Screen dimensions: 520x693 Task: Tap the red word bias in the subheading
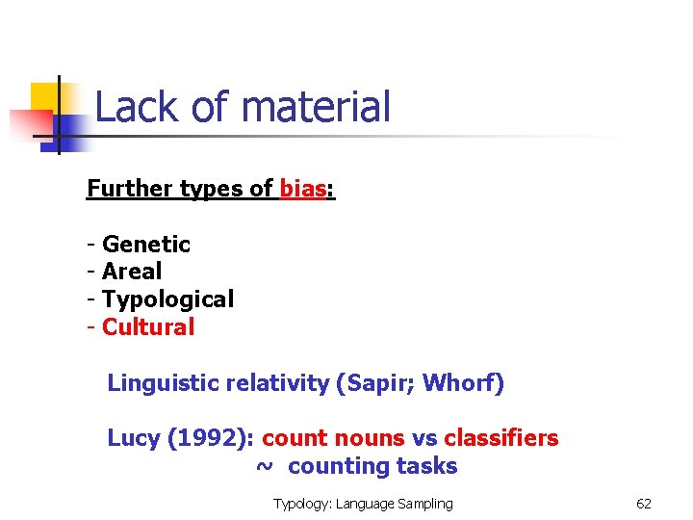point(302,189)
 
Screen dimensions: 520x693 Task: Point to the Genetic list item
point(145,245)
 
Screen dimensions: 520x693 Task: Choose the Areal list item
point(132,272)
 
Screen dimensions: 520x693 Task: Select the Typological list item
point(167,299)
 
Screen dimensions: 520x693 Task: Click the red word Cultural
point(148,327)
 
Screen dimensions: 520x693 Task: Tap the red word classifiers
point(500,438)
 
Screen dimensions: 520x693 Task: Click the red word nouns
point(372,438)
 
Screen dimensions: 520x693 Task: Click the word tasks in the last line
point(427,467)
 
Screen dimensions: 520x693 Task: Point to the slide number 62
point(644,504)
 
